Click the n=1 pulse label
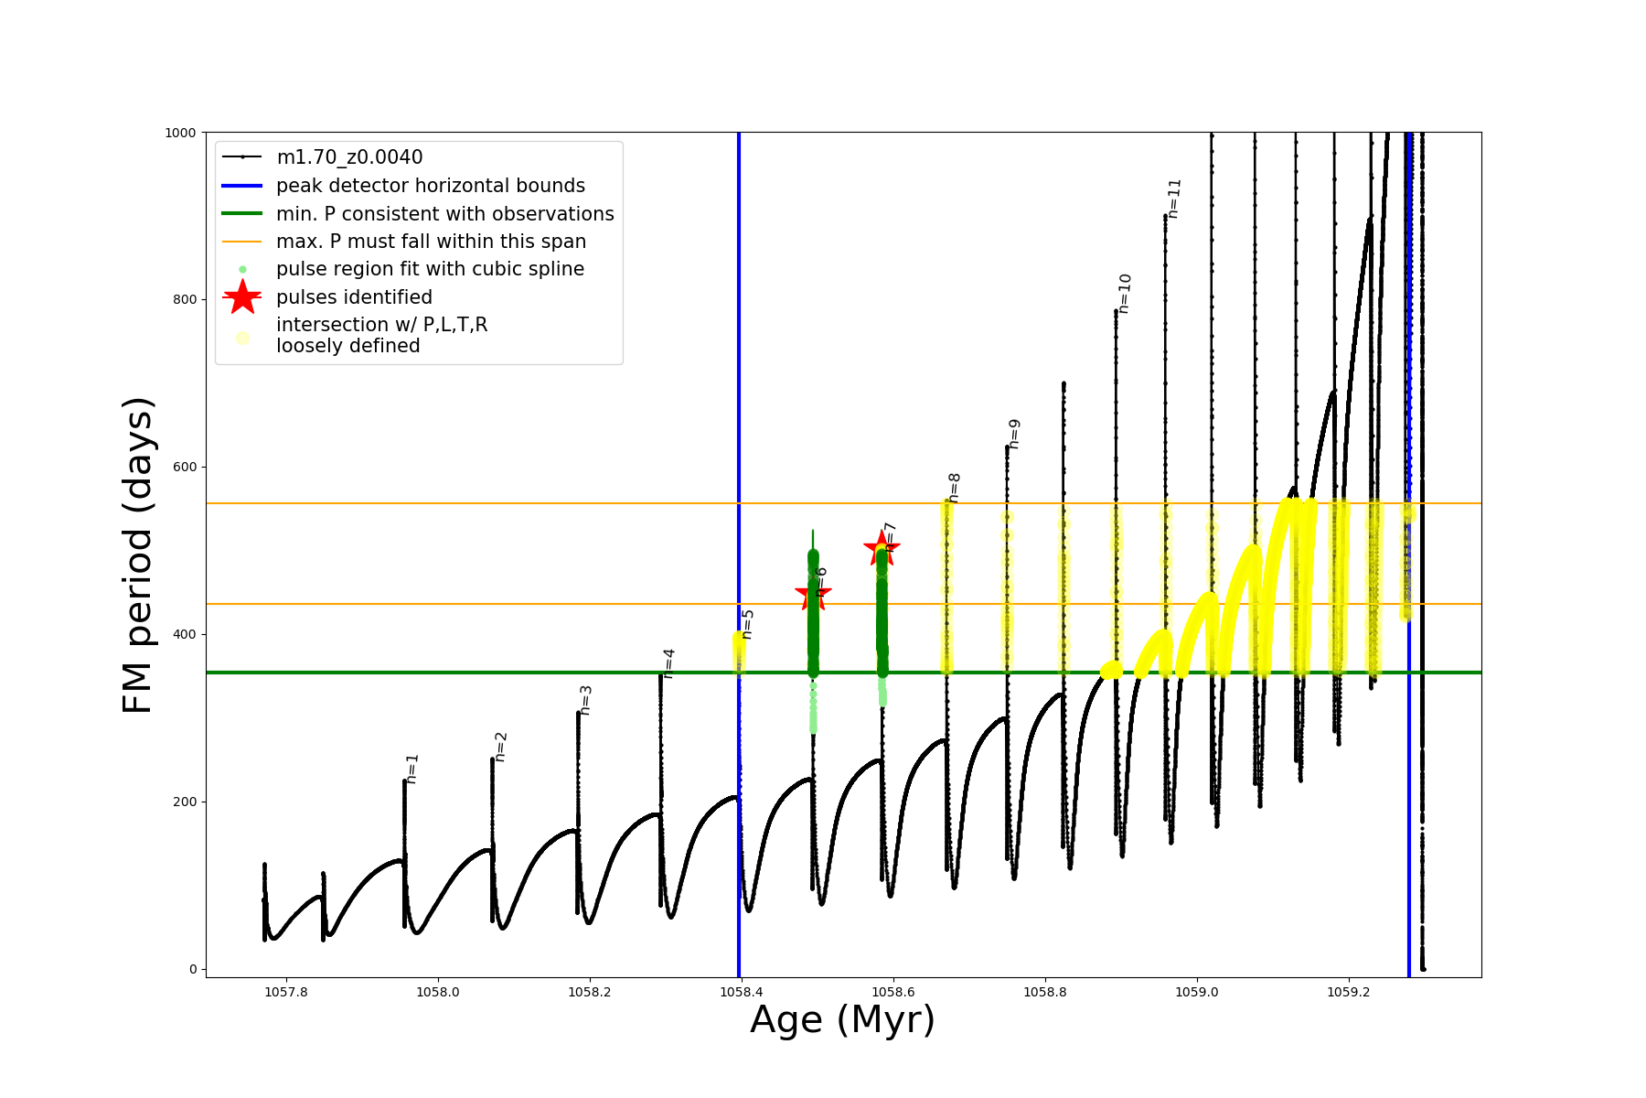tap(412, 769)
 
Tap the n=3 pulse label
tap(586, 700)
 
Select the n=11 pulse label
tap(1175, 198)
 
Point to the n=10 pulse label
tap(1125, 294)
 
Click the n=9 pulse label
tap(1014, 434)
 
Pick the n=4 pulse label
tap(668, 663)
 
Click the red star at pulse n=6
tap(813, 595)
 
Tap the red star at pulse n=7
tap(882, 549)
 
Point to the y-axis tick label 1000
tap(180, 133)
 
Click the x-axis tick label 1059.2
tap(1349, 992)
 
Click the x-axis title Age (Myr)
tap(842, 1020)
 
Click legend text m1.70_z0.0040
tap(349, 157)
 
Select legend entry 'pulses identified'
tap(354, 297)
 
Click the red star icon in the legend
tap(242, 297)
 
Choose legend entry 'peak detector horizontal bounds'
tap(430, 186)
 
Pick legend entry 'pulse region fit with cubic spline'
tap(430, 269)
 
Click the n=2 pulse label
tap(500, 747)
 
